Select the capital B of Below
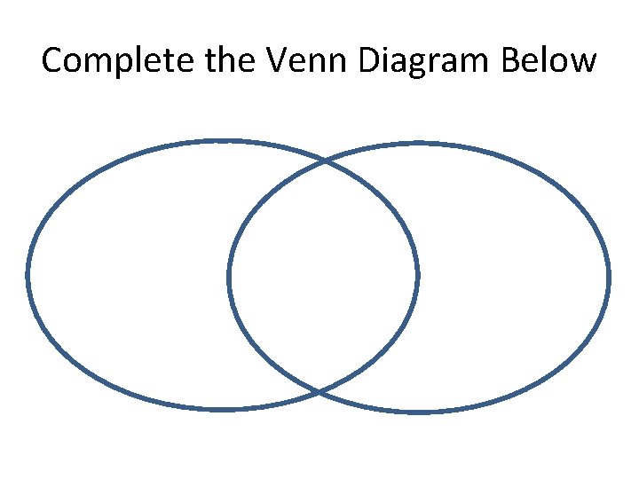[x=512, y=60]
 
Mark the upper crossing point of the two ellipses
[x=325, y=162]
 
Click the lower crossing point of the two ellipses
[x=319, y=391]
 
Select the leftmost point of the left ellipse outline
[x=28, y=275]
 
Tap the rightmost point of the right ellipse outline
[x=610, y=278]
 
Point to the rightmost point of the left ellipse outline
[x=418, y=275]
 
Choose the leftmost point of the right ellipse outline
[x=229, y=278]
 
